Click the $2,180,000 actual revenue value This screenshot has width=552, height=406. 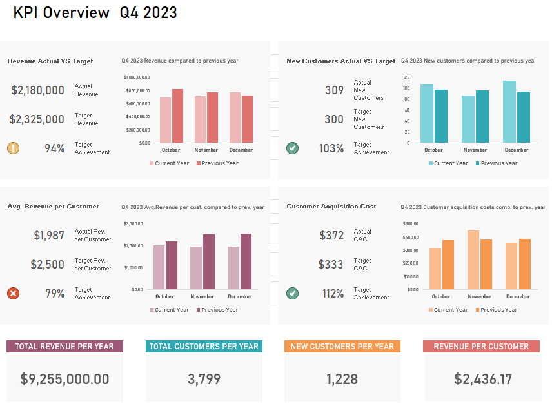coord(37,90)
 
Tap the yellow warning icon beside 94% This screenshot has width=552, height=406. coord(13,148)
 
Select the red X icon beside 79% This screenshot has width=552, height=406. coord(13,294)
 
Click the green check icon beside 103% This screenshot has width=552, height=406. coord(293,148)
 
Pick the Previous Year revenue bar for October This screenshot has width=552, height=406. coord(177,116)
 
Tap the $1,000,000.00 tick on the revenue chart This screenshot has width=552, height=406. coord(137,77)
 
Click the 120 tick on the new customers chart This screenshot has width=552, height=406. coord(406,77)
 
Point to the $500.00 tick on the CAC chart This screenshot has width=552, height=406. coord(410,223)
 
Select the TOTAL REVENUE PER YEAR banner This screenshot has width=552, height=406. coord(64,347)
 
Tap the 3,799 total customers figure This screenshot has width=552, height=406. coord(204,380)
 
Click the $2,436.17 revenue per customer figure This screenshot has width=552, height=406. coord(483,380)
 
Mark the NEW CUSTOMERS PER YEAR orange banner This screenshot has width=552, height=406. coord(342,347)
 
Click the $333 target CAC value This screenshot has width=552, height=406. coord(331,265)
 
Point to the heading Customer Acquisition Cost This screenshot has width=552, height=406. coord(331,207)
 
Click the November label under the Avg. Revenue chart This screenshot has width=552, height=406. coord(202,297)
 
